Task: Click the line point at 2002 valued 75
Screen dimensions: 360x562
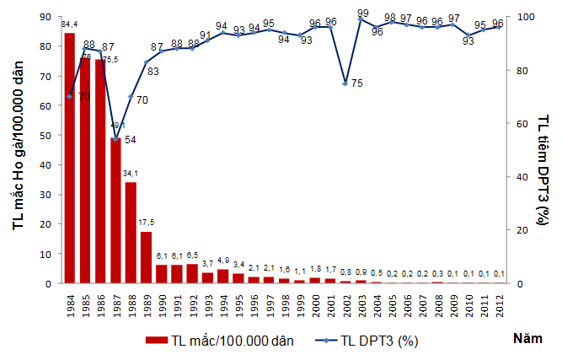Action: click(345, 83)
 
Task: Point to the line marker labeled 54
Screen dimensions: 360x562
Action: click(115, 139)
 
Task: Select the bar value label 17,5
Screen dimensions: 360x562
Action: click(146, 224)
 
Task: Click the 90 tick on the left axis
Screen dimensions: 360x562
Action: click(46, 16)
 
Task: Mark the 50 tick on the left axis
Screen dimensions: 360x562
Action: click(46, 135)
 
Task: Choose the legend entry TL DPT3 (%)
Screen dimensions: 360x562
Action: click(371, 341)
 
